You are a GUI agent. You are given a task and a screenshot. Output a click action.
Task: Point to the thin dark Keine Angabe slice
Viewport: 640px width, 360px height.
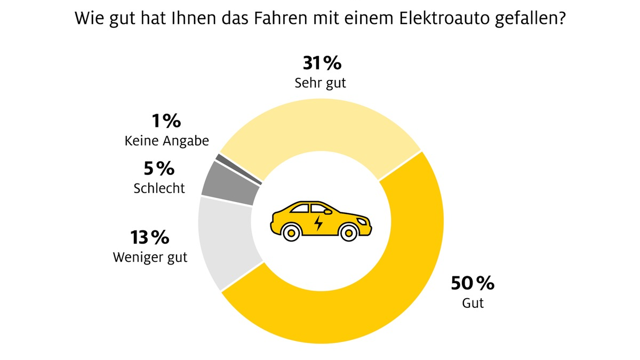[x=238, y=170]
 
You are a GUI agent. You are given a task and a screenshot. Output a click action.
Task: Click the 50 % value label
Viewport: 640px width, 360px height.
[x=473, y=283]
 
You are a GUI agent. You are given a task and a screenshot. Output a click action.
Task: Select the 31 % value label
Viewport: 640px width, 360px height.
[x=322, y=63]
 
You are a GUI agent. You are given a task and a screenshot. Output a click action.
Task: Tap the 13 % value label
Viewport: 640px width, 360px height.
[x=150, y=237]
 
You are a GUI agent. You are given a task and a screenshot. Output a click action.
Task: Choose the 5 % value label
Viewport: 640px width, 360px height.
[x=159, y=169]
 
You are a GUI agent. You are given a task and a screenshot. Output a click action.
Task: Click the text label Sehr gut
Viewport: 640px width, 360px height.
[x=321, y=84]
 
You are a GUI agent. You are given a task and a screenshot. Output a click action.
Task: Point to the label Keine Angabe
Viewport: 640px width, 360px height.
[x=166, y=141]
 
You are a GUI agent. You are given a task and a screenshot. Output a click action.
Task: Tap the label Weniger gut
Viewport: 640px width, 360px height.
[x=150, y=257]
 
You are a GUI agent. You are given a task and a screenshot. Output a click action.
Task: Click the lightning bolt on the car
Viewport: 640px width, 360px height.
[x=318, y=222]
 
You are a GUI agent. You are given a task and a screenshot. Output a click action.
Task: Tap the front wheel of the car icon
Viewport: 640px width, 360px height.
[x=349, y=232]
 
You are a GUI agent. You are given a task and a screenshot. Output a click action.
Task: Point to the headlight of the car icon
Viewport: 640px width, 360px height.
[x=363, y=220]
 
